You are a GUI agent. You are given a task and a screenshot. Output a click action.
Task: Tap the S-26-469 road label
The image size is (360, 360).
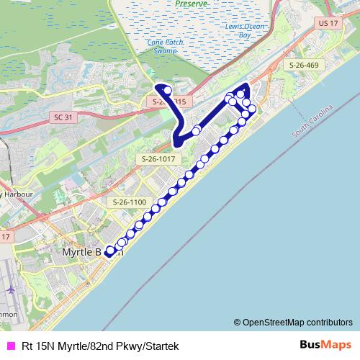(304, 66)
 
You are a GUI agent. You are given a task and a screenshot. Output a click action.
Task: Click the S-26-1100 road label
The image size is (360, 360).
(129, 203)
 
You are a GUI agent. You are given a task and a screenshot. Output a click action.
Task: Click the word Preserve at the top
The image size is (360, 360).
(192, 4)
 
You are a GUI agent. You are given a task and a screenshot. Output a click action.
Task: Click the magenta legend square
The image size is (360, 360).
(9, 346)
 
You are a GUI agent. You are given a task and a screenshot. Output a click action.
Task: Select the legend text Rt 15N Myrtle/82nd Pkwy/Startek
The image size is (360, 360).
(100, 346)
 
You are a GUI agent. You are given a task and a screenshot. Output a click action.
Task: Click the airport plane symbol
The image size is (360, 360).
(12, 290)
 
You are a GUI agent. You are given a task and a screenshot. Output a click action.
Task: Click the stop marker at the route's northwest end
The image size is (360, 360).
(167, 91)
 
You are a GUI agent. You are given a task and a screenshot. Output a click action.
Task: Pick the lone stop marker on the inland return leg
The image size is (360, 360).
(197, 130)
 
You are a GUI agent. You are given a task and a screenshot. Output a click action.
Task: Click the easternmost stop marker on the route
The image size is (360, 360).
(251, 109)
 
